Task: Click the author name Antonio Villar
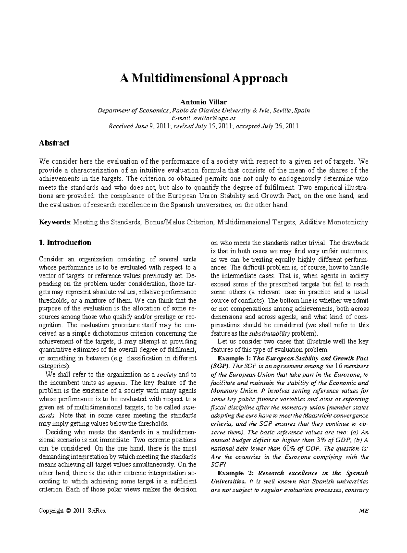tap(203, 102)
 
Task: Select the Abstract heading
tap(54, 143)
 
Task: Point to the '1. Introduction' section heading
tap(65, 243)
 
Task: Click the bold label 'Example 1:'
tap(234, 358)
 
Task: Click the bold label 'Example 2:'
tap(234, 473)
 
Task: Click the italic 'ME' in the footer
tap(365, 511)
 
